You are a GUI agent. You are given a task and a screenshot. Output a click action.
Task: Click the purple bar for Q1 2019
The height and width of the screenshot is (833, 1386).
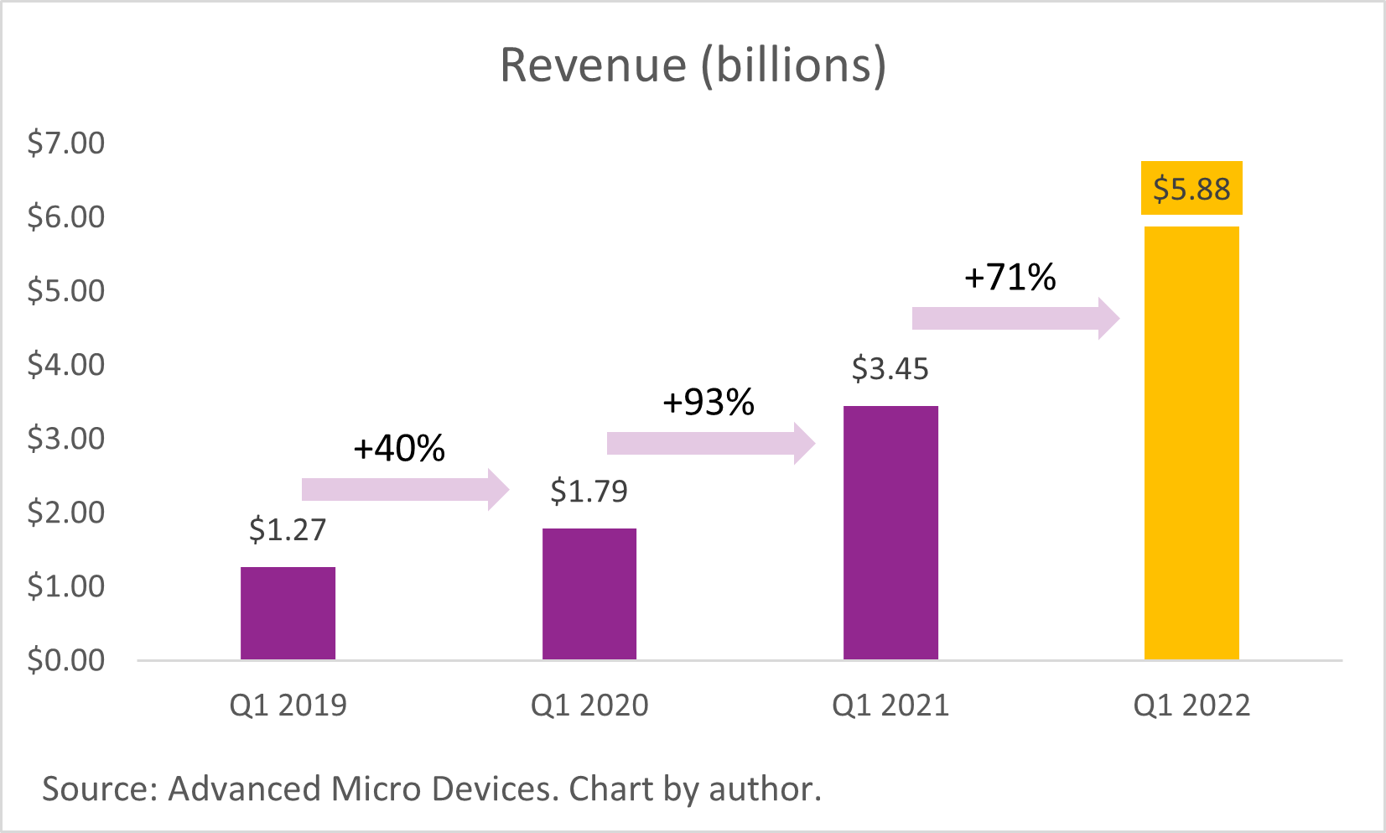click(x=288, y=613)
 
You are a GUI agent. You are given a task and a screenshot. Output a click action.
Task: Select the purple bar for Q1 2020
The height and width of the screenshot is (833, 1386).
click(x=589, y=594)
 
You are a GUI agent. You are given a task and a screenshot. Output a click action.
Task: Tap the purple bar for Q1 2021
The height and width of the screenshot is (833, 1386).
click(x=890, y=533)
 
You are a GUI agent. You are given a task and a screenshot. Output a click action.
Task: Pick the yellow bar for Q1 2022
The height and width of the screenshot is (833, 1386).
click(x=1191, y=443)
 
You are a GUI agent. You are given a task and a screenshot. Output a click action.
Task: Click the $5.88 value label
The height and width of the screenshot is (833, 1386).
click(x=1191, y=189)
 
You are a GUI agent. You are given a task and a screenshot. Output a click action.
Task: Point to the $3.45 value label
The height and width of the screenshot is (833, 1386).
click(x=890, y=369)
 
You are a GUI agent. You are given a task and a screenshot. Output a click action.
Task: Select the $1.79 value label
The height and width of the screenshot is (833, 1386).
click(x=589, y=491)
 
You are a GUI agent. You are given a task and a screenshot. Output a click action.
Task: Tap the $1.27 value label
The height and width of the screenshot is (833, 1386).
click(x=288, y=529)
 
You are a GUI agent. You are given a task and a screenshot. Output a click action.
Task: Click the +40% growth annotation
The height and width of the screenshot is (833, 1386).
click(x=399, y=449)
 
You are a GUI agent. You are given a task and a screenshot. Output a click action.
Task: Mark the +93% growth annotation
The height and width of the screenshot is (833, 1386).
click(x=709, y=403)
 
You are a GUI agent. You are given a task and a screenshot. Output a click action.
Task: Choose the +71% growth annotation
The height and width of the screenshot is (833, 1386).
click(x=1010, y=277)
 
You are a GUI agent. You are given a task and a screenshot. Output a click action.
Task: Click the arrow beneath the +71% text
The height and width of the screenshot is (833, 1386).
click(x=1015, y=319)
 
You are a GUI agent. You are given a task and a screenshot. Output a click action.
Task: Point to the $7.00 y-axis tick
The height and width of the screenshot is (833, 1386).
click(x=65, y=143)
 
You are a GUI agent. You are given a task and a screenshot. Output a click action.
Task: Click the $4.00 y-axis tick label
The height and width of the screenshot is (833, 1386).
click(x=65, y=365)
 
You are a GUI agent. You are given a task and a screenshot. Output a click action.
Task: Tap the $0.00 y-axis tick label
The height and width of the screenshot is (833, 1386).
click(x=65, y=660)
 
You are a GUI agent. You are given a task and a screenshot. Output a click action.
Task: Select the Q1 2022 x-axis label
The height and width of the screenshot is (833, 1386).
click(x=1191, y=705)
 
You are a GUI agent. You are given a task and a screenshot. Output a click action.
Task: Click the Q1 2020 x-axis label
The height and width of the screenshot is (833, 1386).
click(x=589, y=705)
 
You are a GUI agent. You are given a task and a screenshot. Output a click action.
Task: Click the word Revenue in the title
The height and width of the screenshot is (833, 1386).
click(x=593, y=65)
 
